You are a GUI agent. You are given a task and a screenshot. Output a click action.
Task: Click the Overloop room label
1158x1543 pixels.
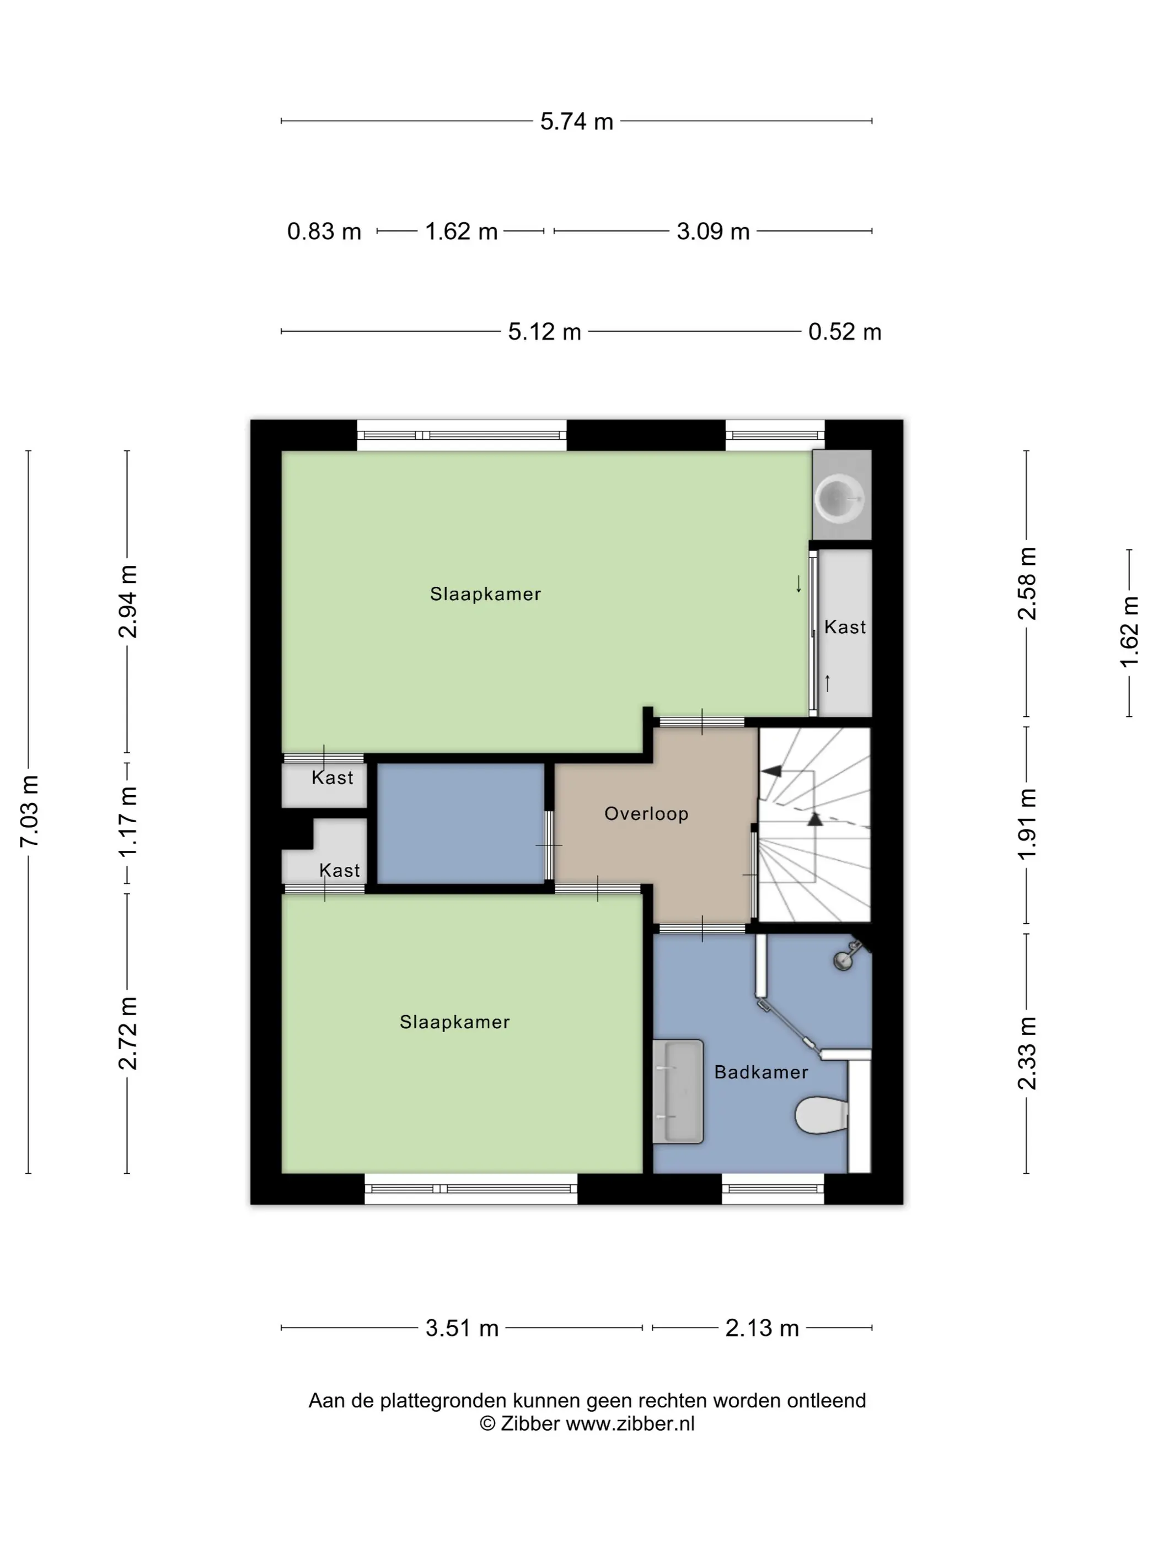(646, 814)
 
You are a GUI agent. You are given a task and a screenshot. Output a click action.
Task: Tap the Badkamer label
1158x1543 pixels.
(761, 1072)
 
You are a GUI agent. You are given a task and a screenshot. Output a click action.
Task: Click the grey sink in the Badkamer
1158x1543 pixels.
(678, 1091)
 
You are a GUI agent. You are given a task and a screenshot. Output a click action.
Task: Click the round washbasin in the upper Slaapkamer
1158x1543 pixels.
(840, 499)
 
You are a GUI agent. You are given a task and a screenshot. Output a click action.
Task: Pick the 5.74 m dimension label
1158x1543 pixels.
(577, 121)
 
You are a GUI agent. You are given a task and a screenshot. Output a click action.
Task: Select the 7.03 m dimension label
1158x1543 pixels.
(29, 811)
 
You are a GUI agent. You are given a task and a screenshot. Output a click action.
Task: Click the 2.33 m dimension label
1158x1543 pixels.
(1027, 1053)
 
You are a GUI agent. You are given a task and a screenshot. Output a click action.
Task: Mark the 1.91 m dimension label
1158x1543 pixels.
(1027, 824)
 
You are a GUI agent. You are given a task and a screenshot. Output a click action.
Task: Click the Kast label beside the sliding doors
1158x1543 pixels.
(845, 627)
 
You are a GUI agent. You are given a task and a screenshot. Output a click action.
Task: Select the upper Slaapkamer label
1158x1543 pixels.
(486, 594)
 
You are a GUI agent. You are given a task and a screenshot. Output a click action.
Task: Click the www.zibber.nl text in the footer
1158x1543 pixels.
(630, 1424)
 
